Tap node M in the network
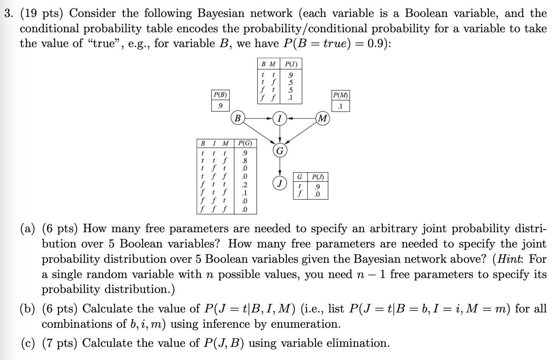[323, 118]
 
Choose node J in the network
[279, 183]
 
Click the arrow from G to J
[279, 167]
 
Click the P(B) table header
[220, 94]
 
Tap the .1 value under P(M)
[340, 106]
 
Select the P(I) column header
[291, 65]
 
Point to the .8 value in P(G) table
[244, 161]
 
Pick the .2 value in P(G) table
[244, 185]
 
